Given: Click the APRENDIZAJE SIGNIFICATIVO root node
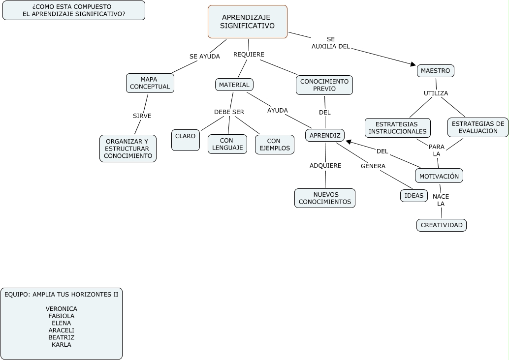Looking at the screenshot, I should click(x=248, y=22).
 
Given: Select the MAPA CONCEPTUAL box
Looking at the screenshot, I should click(x=150, y=83).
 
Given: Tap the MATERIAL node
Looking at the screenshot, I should click(x=234, y=85).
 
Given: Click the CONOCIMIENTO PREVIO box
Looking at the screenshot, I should click(x=324, y=85).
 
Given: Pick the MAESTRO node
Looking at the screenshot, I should click(x=436, y=71).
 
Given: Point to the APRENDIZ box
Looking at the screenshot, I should click(x=325, y=135).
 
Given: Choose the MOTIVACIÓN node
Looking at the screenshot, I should click(x=439, y=176).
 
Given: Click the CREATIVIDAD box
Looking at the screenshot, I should click(x=442, y=225).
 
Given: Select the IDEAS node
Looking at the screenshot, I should click(x=414, y=196).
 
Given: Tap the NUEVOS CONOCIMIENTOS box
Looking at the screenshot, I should click(x=325, y=198).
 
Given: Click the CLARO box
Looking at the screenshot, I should click(x=186, y=140).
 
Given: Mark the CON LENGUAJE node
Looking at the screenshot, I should click(x=227, y=144).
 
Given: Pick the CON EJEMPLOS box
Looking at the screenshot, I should click(x=275, y=145).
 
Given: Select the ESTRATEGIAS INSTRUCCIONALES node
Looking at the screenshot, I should click(x=398, y=128).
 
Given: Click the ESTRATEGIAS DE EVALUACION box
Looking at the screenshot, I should click(x=478, y=127).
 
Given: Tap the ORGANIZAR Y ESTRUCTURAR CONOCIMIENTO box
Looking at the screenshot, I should click(x=128, y=149).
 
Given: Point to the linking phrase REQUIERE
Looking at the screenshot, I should click(x=249, y=55).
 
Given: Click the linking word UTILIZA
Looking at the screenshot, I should click(x=436, y=93).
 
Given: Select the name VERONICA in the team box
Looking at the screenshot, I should click(x=62, y=309).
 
